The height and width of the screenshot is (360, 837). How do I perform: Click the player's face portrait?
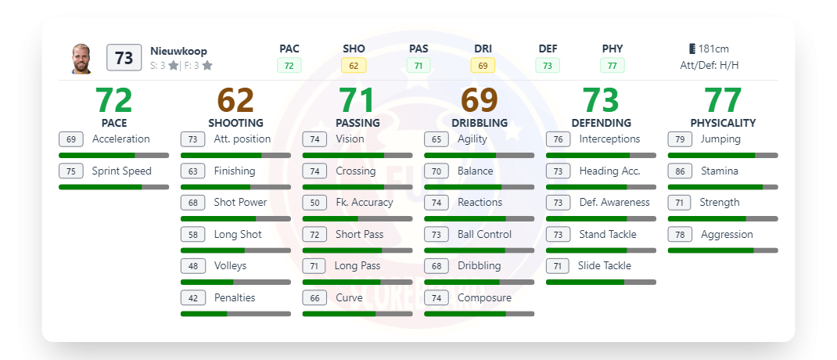pyautogui.click(x=81, y=59)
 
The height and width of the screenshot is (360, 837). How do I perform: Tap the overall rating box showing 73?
pyautogui.click(x=124, y=59)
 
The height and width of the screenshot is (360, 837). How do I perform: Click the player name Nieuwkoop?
pyautogui.click(x=178, y=51)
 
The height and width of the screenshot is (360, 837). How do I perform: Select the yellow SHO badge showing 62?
pyautogui.click(x=354, y=66)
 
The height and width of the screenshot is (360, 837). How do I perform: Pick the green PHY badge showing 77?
pyautogui.click(x=612, y=66)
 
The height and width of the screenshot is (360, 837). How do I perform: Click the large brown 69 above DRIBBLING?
pyautogui.click(x=480, y=100)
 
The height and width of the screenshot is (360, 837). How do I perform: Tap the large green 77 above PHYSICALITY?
pyautogui.click(x=723, y=100)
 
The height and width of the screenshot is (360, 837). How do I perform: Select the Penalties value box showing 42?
pyautogui.click(x=193, y=297)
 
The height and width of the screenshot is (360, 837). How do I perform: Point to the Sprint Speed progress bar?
pyautogui.click(x=113, y=187)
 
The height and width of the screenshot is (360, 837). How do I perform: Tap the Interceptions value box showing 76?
pyautogui.click(x=559, y=139)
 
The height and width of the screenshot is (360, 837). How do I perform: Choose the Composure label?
pyautogui.click(x=484, y=297)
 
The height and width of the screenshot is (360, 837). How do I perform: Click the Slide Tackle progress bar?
pyautogui.click(x=601, y=282)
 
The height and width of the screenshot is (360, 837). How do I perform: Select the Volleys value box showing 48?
pyautogui.click(x=193, y=266)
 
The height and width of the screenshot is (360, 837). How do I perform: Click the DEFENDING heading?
pyautogui.click(x=601, y=123)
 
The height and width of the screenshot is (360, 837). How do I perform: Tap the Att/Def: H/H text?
pyautogui.click(x=709, y=66)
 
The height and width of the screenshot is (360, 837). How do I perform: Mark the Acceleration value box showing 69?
pyautogui.click(x=71, y=139)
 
